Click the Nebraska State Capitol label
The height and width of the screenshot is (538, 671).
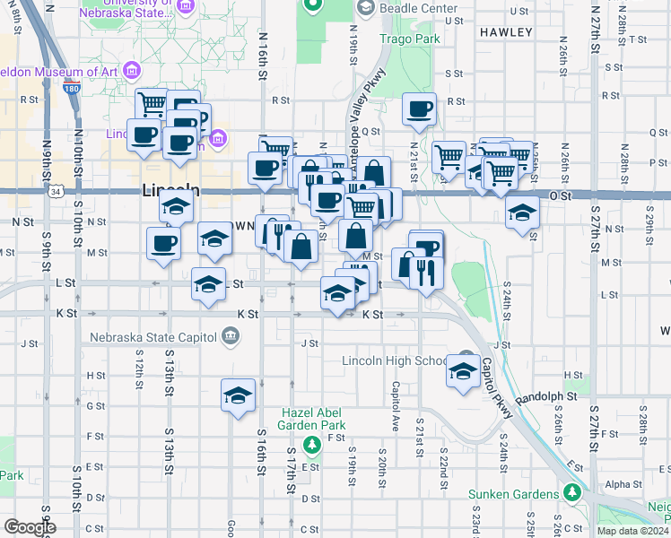152,337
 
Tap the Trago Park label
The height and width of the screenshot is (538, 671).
409,39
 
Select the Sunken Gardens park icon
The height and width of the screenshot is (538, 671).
571,493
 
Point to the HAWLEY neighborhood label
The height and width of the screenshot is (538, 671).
506,32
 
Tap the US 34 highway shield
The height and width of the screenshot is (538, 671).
57,192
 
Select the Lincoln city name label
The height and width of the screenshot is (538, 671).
170,191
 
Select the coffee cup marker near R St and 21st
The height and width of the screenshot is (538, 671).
420,110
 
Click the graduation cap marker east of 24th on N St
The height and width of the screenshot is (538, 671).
522,213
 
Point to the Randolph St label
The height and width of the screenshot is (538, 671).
544,395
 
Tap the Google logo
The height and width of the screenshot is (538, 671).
30,527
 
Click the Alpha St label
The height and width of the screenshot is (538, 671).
618,484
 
